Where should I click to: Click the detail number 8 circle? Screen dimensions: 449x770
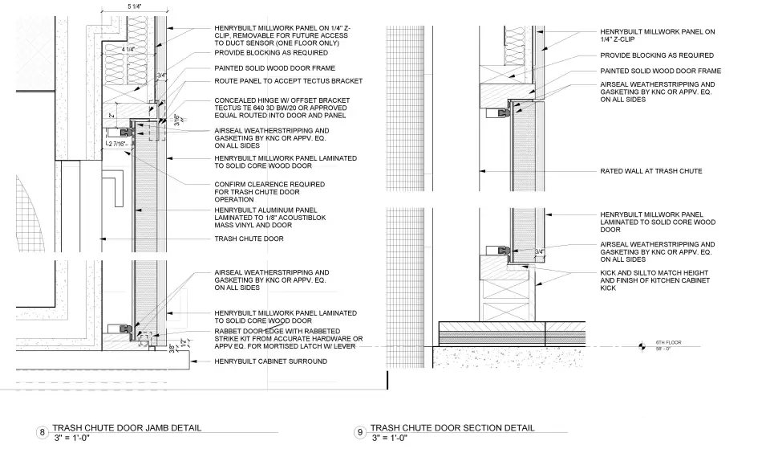pyautogui.click(x=42, y=434)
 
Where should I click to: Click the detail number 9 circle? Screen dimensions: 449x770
pyautogui.click(x=360, y=434)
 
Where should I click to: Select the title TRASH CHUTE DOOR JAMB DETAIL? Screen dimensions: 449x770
pyautogui.click(x=127, y=428)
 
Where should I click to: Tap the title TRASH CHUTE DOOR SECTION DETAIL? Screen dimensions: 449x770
pyautogui.click(x=452, y=428)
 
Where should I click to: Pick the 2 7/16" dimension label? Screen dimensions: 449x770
pyautogui.click(x=118, y=143)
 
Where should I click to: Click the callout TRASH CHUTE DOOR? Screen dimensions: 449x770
pyautogui.click(x=249, y=239)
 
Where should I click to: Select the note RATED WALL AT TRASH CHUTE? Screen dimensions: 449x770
pyautogui.click(x=651, y=171)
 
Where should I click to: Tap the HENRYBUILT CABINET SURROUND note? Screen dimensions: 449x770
pyautogui.click(x=270, y=361)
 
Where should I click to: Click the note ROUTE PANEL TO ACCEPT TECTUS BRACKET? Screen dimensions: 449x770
pyautogui.click(x=288, y=81)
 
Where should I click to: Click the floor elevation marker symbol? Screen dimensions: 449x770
pyautogui.click(x=642, y=346)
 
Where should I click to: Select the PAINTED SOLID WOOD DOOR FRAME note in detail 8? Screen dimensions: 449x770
pyautogui.click(x=274, y=68)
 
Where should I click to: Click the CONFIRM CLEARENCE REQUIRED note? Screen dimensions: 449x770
pyautogui.click(x=269, y=184)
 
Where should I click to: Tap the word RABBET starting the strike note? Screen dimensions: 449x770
pyautogui.click(x=228, y=331)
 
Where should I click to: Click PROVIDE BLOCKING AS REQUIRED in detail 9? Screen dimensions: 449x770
pyautogui.click(x=657, y=55)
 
